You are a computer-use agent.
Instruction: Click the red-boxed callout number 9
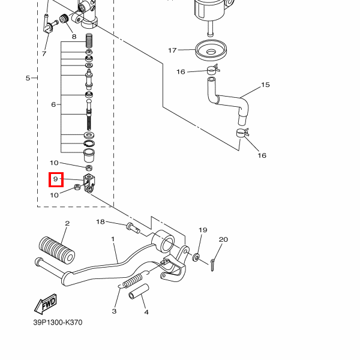tap(56, 179)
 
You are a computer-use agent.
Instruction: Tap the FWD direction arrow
tap(46, 304)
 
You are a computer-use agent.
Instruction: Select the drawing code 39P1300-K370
tap(58, 322)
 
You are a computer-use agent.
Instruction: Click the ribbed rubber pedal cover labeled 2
tap(57, 251)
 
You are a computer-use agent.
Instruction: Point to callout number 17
tap(172, 50)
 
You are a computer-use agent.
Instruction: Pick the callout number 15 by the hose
tap(265, 85)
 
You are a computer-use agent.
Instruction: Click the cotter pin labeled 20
tap(212, 265)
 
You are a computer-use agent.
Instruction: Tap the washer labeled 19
tap(196, 257)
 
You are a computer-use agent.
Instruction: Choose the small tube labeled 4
tap(139, 292)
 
